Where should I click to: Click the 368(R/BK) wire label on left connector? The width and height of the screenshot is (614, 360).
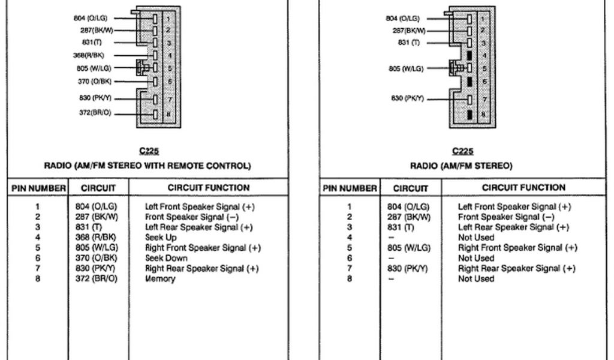pos(92,55)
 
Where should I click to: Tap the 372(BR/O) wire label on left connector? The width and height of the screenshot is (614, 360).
pos(95,113)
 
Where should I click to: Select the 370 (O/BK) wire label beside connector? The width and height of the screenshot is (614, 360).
pos(94,82)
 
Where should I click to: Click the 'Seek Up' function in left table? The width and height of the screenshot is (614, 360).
pos(161,238)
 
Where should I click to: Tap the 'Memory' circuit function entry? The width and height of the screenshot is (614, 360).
pos(160,278)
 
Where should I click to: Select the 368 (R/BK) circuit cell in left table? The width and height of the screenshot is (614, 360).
pos(101,238)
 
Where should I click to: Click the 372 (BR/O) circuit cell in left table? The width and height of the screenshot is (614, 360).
pos(101,278)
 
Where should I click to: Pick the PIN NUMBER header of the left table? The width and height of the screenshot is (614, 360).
pos(38,188)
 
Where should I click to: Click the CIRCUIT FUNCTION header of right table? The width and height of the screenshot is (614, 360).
pos(523,188)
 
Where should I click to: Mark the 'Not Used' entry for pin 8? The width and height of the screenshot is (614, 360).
pos(476,278)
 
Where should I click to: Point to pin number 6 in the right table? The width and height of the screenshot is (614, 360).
pos(350,258)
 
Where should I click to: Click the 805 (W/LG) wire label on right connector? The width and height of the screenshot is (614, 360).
pos(405,68)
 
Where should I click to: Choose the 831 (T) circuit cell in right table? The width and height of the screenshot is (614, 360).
pos(401,227)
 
